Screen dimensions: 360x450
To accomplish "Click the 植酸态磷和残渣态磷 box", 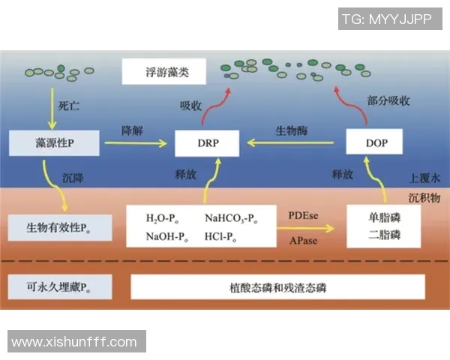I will pos(277,286).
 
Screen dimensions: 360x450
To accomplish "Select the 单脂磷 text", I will pos(384,217).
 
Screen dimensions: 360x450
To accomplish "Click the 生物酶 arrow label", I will pos(291,130).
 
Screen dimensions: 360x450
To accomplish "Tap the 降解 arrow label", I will pos(133,130).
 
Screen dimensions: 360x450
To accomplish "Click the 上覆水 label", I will pos(424,180).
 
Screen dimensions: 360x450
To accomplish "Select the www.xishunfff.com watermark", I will pos(75,342).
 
